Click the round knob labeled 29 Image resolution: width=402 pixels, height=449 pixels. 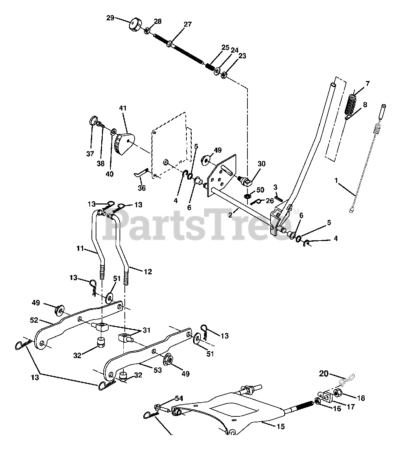click(135, 25)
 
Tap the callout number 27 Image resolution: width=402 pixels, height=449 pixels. click(188, 24)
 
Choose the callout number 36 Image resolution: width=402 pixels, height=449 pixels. click(142, 188)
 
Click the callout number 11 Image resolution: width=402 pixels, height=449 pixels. click(80, 249)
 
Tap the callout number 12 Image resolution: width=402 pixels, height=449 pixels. click(148, 272)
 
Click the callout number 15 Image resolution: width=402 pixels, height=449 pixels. click(280, 427)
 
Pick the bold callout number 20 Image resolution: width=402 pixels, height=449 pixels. click(323, 374)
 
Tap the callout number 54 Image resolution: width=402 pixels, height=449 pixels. click(179, 399)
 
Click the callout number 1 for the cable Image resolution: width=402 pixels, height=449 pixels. click(336, 181)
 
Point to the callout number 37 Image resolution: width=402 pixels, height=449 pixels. click(91, 154)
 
